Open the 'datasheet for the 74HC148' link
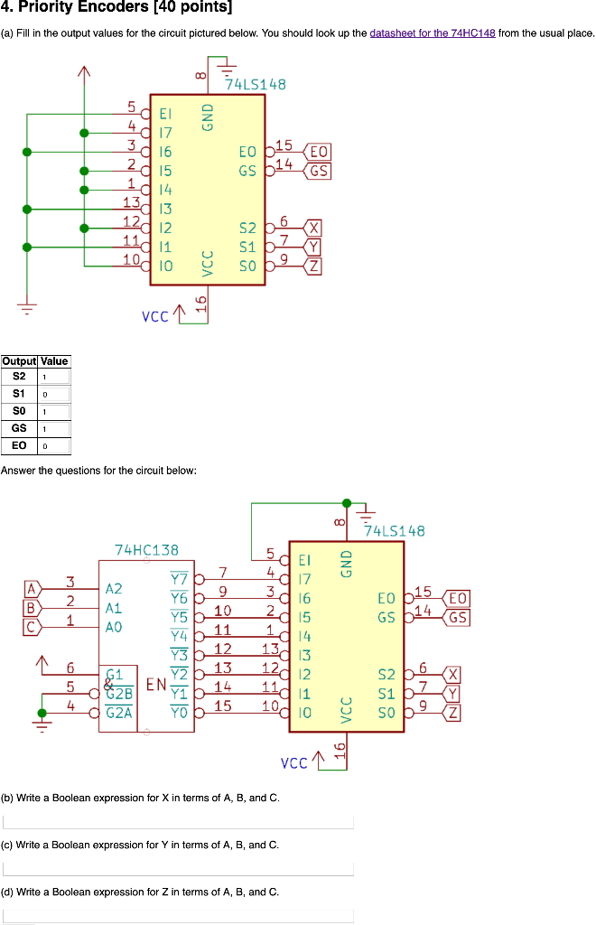[433, 33]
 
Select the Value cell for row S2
[53, 377]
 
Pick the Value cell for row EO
[53, 446]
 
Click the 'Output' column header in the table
[19, 360]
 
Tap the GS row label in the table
[19, 428]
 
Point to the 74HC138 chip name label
[146, 549]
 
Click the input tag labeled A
[32, 588]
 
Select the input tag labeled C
[32, 625]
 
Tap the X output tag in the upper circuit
[313, 227]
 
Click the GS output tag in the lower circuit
[458, 618]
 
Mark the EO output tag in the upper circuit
[319, 151]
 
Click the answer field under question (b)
[178, 822]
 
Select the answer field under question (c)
[178, 869]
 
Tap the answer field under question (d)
[178, 915]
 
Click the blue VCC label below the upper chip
[155, 317]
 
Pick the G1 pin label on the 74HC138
[115, 674]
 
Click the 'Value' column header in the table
[53, 360]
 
